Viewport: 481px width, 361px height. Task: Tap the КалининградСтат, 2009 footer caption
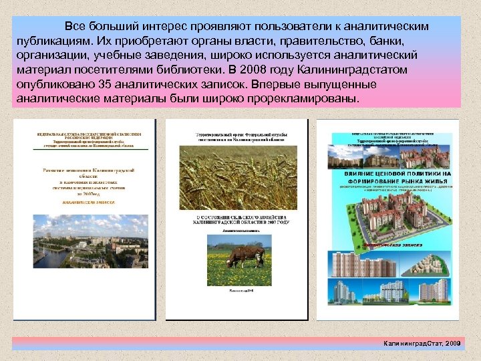(x=422, y=342)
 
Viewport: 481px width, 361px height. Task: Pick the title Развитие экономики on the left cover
(x=83, y=170)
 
